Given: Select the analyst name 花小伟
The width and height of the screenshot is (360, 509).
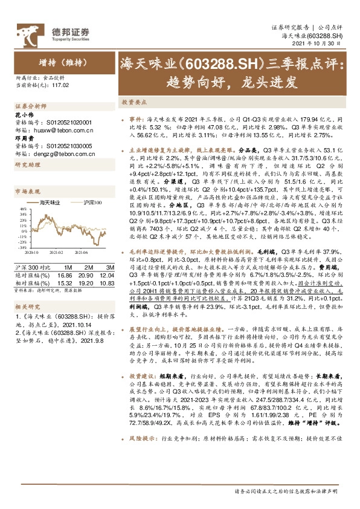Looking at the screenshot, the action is click(x=22, y=113).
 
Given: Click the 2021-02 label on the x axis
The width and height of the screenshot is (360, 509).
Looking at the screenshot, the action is click(x=56, y=253).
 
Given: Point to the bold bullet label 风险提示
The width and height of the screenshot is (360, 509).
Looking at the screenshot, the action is click(x=141, y=467).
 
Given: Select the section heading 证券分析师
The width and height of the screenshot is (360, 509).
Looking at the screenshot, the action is click(x=28, y=105).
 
